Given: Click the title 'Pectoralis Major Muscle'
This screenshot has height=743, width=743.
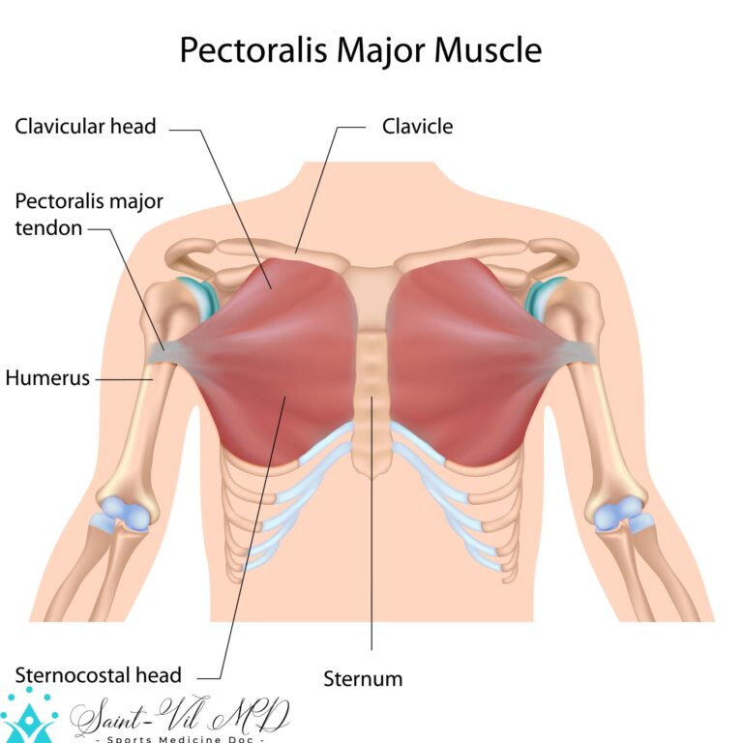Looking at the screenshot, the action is pyautogui.click(x=361, y=49).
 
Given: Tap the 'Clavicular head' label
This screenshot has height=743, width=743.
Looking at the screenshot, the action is pyautogui.click(x=85, y=127).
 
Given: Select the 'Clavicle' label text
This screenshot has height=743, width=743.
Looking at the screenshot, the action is pyautogui.click(x=418, y=127).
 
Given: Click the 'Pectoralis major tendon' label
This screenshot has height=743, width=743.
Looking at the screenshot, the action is pyautogui.click(x=89, y=214).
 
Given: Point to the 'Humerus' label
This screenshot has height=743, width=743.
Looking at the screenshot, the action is pyautogui.click(x=47, y=378).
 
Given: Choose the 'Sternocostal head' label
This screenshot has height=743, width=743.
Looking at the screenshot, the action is pyautogui.click(x=98, y=675).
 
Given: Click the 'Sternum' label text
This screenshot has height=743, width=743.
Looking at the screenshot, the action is pyautogui.click(x=363, y=679).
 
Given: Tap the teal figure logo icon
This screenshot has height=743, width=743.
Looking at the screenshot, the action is pyautogui.click(x=29, y=716).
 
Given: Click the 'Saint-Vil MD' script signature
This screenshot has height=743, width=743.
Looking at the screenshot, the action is pyautogui.click(x=180, y=716).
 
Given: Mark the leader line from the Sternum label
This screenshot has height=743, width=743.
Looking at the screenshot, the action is pyautogui.click(x=371, y=523).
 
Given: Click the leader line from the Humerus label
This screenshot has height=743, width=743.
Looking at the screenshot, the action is pyautogui.click(x=124, y=379).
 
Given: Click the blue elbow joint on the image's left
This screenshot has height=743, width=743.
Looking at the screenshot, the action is pyautogui.click(x=123, y=513).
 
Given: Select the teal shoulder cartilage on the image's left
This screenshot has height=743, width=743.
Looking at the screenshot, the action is pyautogui.click(x=201, y=297).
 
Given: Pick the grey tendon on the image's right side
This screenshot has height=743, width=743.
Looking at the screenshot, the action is pyautogui.click(x=573, y=351).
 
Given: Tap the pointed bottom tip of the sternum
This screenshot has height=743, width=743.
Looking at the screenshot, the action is pyautogui.click(x=371, y=478).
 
